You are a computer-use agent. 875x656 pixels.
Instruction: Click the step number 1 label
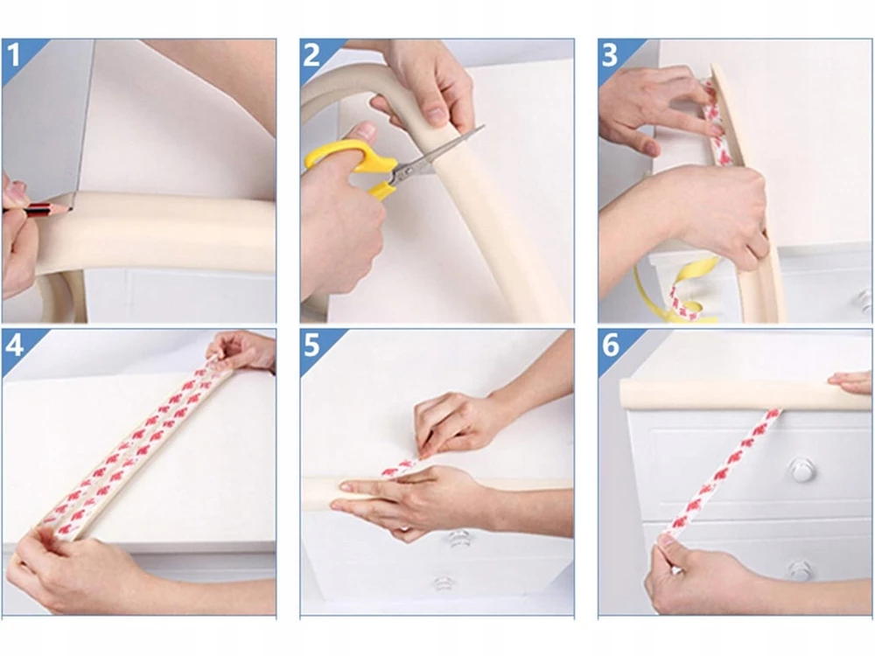coord(13,56)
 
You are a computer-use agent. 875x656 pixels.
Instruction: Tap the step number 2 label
coord(311,56)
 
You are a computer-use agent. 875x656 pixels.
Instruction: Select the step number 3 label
coord(609,56)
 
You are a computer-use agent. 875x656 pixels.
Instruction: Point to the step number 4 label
coord(14,345)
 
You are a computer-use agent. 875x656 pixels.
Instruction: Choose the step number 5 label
coord(311,345)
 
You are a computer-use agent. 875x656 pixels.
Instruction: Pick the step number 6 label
coord(611,345)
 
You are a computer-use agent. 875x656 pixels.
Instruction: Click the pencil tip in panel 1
coord(71,209)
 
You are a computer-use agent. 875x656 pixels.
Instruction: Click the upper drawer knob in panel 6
coord(801,469)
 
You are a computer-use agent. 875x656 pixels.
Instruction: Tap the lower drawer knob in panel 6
coord(801,569)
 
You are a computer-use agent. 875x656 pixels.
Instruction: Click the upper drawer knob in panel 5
coord(458,538)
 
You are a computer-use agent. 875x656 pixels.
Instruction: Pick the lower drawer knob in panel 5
coord(442,583)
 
